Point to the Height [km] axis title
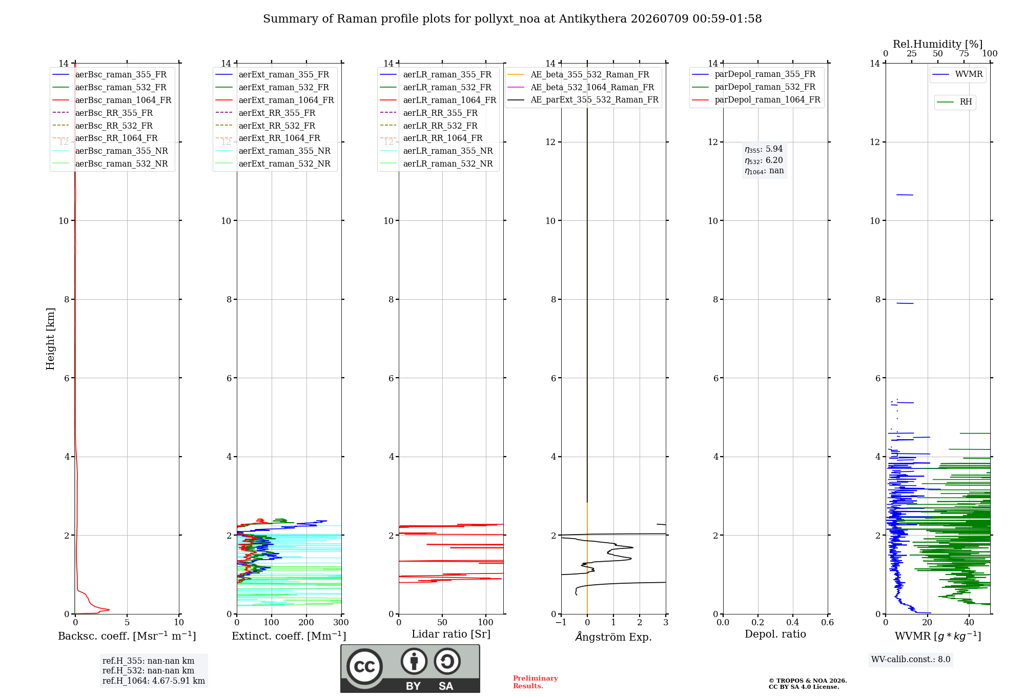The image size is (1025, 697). tap(50, 339)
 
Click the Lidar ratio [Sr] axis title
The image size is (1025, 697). tap(451, 634)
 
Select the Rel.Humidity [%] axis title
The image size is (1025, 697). tap(938, 44)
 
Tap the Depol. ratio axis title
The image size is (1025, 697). tap(775, 634)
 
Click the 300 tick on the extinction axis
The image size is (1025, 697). tap(341, 622)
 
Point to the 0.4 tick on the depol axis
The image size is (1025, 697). tap(793, 622)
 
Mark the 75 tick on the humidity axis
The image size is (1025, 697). tap(964, 54)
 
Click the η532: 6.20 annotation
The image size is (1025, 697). tap(764, 160)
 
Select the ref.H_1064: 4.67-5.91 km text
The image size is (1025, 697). tap(154, 681)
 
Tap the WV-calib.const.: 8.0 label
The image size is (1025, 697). tap(911, 659)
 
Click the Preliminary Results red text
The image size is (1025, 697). tap(536, 682)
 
